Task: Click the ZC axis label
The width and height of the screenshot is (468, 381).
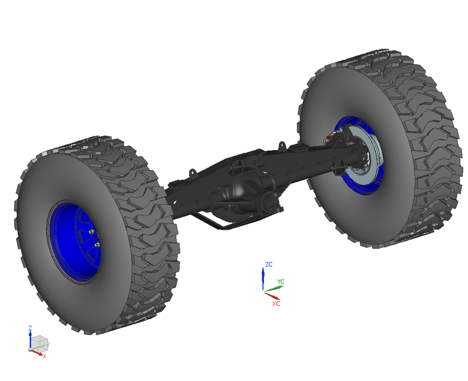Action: tap(269, 264)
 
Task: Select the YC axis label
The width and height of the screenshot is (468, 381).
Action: tap(281, 282)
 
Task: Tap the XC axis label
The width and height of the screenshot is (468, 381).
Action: tap(276, 303)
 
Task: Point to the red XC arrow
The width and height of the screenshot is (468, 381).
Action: tap(272, 295)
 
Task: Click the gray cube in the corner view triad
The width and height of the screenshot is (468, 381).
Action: tap(39, 342)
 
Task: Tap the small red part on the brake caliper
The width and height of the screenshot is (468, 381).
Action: tap(326, 138)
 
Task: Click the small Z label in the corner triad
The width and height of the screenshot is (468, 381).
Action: tap(30, 328)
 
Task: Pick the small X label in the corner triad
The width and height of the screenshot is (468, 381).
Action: tap(43, 355)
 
